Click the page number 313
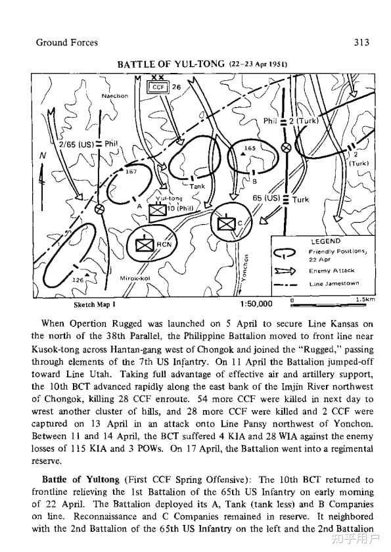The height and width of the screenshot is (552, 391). point(362,43)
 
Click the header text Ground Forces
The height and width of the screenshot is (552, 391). point(67,43)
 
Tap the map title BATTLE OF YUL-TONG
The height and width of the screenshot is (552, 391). point(171,64)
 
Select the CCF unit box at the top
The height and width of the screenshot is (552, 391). point(158,87)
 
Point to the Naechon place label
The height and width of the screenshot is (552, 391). point(115,96)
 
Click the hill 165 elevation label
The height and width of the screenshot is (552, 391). point(250,149)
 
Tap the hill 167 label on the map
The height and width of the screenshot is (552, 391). point(131,172)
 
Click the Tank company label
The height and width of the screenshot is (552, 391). point(197,186)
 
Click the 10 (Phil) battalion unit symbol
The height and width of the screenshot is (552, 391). point(158,210)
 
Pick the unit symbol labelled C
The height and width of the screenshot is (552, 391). point(227,223)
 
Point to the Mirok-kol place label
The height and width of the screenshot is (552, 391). point(135,278)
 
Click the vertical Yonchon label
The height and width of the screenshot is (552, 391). point(246,267)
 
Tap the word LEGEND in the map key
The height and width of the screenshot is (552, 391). point(325,241)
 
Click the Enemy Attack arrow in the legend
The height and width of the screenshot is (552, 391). point(285,271)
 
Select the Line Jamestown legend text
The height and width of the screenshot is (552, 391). point(334,283)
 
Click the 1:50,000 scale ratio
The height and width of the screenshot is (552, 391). point(256,304)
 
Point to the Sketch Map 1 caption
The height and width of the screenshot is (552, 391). point(95,305)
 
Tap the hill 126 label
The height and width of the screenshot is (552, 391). point(78,280)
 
